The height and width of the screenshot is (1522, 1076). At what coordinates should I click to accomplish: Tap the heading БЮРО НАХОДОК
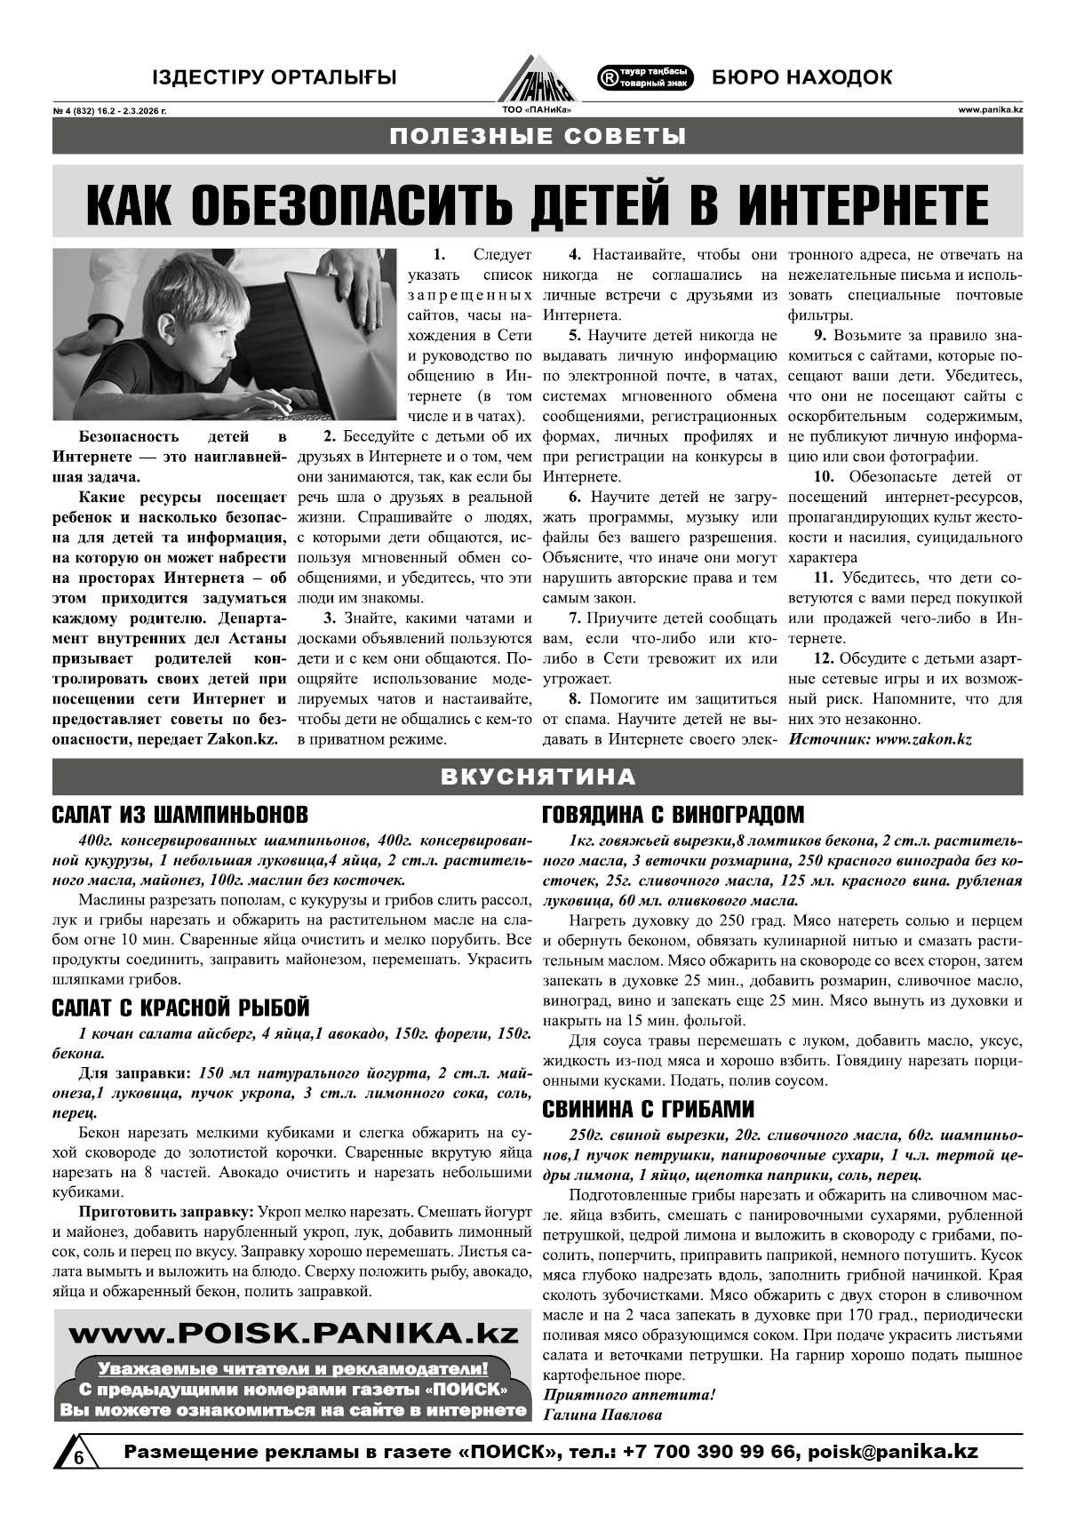pos(801,77)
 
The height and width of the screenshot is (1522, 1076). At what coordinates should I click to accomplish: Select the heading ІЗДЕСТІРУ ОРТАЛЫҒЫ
pos(274,77)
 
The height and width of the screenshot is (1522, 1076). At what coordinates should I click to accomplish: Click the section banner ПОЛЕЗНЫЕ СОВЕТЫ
pos(538,136)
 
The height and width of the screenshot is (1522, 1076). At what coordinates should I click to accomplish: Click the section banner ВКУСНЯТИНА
pos(538,777)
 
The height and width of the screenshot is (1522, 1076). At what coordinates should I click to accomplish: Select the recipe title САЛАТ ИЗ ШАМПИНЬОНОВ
pos(180,815)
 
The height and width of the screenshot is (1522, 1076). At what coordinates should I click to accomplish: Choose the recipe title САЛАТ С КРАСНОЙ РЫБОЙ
pos(180,1008)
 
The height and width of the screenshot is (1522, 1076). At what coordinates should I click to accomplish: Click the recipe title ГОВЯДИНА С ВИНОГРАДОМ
pos(673,815)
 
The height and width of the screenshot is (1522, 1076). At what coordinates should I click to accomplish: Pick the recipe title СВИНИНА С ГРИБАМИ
pos(649,1109)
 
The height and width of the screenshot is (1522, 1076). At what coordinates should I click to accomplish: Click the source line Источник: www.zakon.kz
pos(880,738)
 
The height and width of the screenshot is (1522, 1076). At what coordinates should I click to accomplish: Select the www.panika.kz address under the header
pos(990,111)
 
